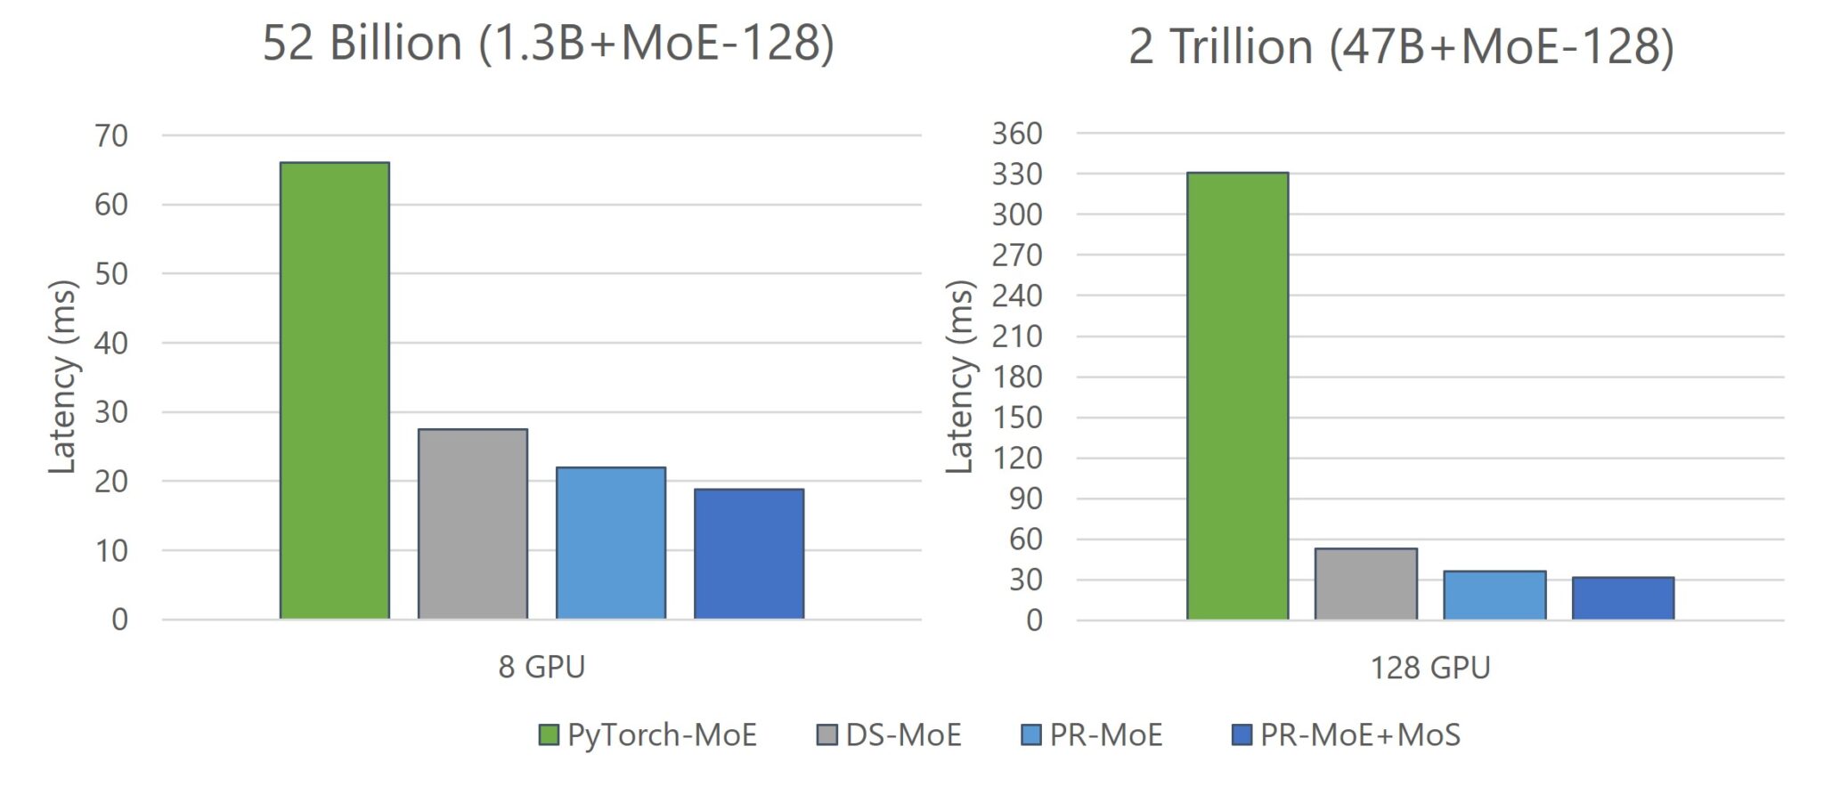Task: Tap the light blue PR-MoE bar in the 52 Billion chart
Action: (610, 542)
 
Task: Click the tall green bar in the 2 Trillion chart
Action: (1237, 396)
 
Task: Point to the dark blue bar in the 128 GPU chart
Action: (1623, 598)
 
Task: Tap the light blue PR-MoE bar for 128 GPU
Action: (1494, 595)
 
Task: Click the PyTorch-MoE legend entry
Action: (648, 734)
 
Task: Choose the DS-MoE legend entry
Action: (890, 734)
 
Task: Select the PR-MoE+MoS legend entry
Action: (1346, 734)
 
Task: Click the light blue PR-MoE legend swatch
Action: (1030, 734)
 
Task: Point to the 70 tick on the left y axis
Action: (111, 136)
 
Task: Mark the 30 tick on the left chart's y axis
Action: (111, 412)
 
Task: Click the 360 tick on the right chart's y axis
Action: (1017, 134)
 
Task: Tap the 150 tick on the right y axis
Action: (1017, 418)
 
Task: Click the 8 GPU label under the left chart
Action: (541, 667)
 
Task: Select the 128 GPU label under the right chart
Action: (1429, 668)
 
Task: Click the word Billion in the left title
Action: (395, 43)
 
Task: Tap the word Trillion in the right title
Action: (1241, 46)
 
